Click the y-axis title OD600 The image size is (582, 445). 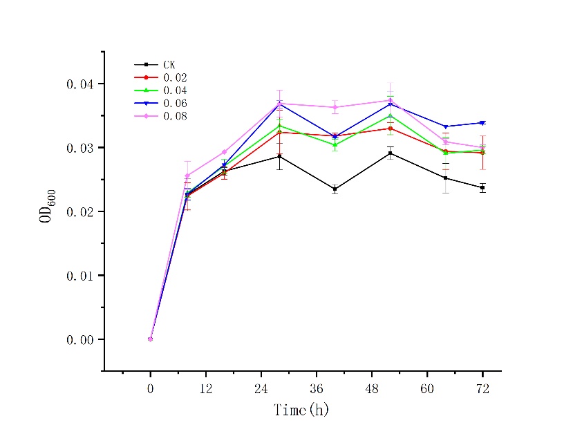tap(47, 206)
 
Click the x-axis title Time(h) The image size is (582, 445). tap(301, 410)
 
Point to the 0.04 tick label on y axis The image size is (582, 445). tap(79, 84)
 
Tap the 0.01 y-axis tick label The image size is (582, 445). tap(79, 276)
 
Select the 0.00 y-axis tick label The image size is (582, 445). tap(79, 339)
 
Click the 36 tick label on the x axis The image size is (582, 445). tap(317, 389)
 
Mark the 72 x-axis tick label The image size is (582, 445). tap(482, 389)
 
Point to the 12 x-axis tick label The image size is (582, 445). tap(205, 389)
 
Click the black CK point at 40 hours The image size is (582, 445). tap(335, 189)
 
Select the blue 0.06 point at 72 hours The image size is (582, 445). tap(482, 123)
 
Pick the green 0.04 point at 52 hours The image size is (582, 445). tap(390, 115)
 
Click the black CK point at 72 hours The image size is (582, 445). tap(482, 187)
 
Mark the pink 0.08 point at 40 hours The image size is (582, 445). tap(335, 107)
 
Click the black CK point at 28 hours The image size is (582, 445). tap(279, 156)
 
